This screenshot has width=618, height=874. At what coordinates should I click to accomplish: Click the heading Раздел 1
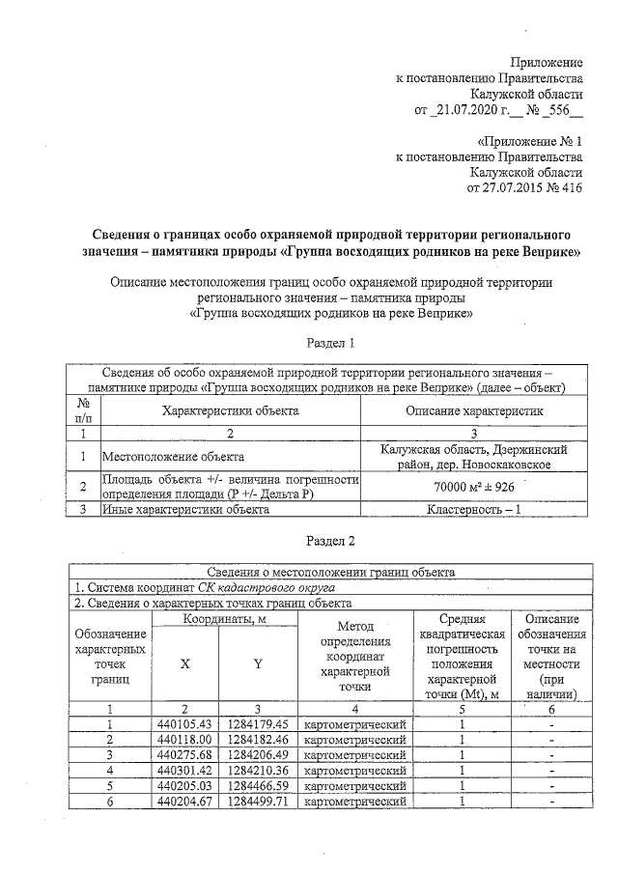[331, 343]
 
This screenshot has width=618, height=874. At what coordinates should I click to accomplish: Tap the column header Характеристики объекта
[230, 410]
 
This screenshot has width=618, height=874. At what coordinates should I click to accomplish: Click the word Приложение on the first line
[546, 61]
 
